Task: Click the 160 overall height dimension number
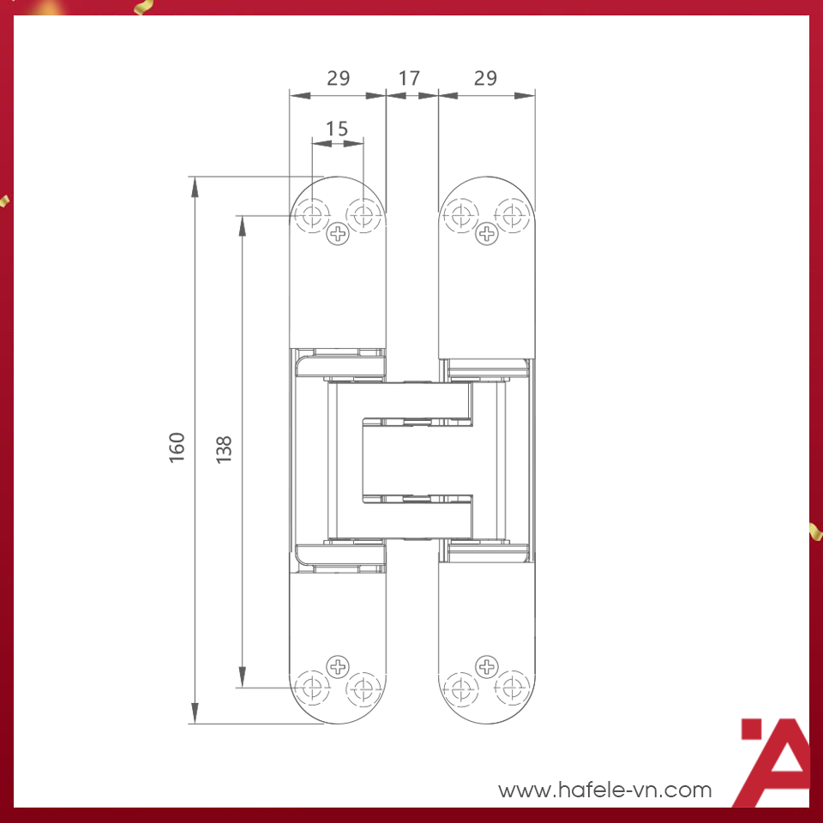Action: pos(177,448)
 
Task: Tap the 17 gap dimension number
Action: pos(410,78)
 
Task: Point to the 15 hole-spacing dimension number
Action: pos(337,129)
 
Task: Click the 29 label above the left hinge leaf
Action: pos(339,78)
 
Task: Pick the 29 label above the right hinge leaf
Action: pos(485,78)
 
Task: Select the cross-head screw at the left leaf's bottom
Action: pos(339,665)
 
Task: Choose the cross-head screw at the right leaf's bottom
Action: pos(487,665)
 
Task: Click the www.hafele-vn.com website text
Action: pos(605,790)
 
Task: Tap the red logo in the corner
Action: pos(775,763)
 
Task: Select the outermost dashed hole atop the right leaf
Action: pos(513,213)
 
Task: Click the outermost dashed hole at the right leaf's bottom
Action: pos(513,687)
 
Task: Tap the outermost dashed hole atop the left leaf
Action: pos(314,213)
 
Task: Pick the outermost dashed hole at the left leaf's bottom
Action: pos(314,687)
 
